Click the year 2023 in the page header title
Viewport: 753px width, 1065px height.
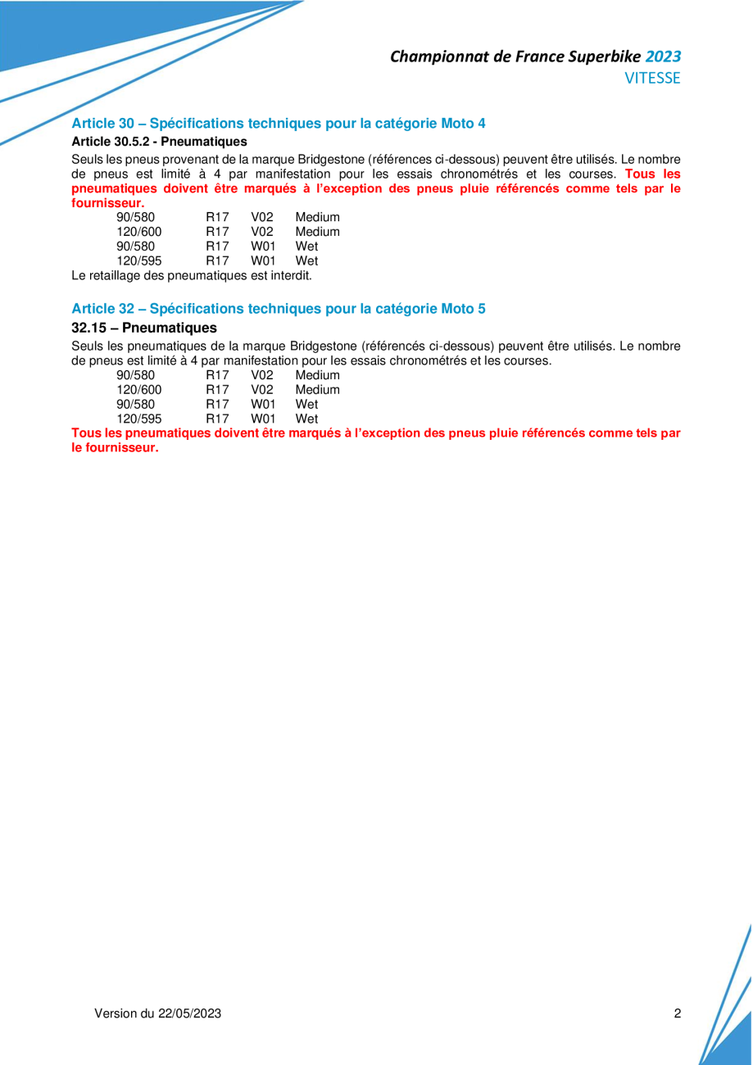point(663,57)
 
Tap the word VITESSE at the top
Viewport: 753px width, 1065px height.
point(652,79)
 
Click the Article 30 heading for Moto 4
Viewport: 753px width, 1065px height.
point(279,124)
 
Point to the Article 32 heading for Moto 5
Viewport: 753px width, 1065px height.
point(279,309)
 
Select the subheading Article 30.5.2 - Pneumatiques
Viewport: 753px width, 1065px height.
point(159,141)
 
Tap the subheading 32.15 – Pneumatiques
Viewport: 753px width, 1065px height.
point(144,328)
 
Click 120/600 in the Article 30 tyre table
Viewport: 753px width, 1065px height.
point(138,231)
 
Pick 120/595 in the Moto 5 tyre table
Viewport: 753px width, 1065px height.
point(138,418)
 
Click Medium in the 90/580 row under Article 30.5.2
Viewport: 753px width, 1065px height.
point(317,217)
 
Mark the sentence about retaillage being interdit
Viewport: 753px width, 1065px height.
point(192,275)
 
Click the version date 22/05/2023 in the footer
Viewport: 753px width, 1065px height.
point(189,1013)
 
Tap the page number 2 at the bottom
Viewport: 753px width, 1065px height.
point(677,1013)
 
